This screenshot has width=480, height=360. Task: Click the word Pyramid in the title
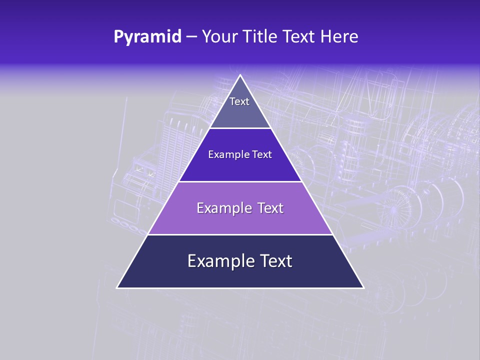[147, 37]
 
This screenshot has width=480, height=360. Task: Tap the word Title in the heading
[262, 37]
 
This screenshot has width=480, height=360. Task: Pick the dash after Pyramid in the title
[191, 37]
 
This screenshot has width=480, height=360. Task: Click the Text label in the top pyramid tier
[239, 102]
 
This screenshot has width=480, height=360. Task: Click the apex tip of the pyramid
[240, 75]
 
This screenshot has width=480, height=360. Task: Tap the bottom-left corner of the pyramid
[117, 287]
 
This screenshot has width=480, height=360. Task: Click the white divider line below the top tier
[240, 128]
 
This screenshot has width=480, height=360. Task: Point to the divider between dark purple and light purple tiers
[240, 181]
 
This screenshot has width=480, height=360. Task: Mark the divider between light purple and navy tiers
[240, 234]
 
